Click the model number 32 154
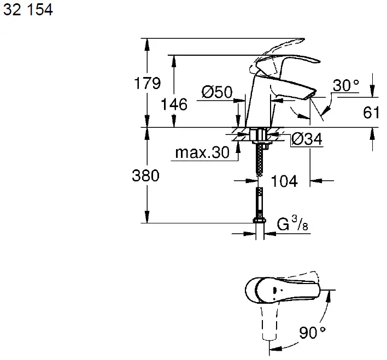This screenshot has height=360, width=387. (28, 10)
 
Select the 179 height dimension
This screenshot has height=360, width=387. (148, 84)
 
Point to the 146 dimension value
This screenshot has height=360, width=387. (174, 104)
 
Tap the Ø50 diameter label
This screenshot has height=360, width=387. (216, 93)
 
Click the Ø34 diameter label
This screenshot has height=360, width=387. (307, 140)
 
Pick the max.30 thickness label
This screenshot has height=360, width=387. (202, 153)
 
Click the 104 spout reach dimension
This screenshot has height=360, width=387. (284, 181)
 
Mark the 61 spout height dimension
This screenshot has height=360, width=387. (371, 113)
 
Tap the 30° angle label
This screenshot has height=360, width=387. (346, 85)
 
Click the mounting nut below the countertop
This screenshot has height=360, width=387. (258, 135)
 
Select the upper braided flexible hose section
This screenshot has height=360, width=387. (259, 161)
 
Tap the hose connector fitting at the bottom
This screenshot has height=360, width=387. (259, 221)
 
